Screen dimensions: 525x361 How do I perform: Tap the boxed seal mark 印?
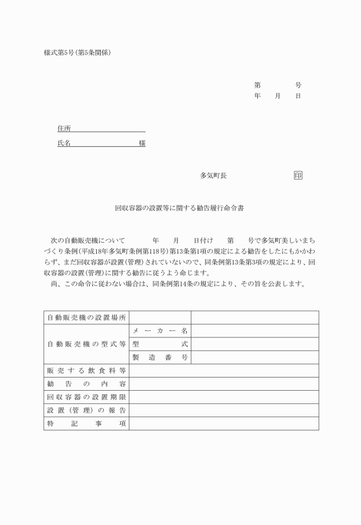[298, 176]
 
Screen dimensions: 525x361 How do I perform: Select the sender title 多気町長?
[213, 176]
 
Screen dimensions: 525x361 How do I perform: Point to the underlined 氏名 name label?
[64, 143]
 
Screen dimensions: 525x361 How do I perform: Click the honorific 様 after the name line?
[142, 143]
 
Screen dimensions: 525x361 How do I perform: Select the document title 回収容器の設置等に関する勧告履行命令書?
[180, 209]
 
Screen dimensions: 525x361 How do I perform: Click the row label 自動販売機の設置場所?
[87, 318]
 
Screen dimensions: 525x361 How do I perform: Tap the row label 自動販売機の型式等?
[87, 344]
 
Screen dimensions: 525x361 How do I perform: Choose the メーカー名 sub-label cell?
[160, 331]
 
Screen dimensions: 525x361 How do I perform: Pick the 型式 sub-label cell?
[160, 344]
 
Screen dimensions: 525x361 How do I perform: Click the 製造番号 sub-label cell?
[160, 357]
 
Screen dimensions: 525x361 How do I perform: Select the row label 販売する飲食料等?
[87, 371]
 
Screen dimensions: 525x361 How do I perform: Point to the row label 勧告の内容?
[87, 384]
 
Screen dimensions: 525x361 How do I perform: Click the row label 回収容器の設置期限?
[87, 397]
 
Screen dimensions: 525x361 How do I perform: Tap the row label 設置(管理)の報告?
[87, 410]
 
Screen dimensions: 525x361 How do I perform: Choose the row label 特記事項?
[87, 423]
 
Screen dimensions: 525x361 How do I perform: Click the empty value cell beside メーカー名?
[254, 331]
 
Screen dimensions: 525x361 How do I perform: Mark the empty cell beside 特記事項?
[223, 423]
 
